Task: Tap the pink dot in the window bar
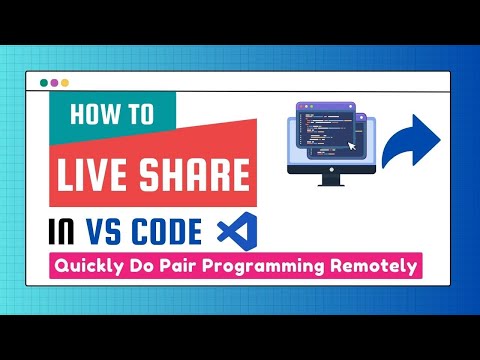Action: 54,83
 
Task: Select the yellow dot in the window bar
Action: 66,83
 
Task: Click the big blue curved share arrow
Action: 412,141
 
